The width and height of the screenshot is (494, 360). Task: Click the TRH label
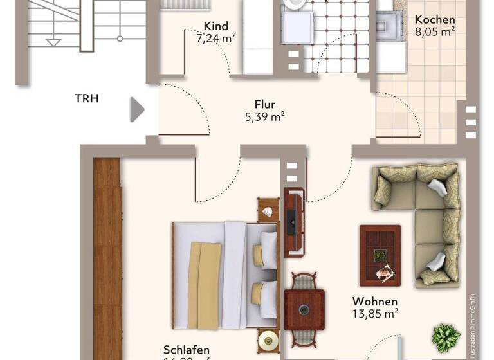pyautogui.click(x=87, y=99)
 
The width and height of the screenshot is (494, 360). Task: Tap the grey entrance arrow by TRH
pyautogui.click(x=137, y=109)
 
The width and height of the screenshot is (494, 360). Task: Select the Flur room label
pyautogui.click(x=264, y=104)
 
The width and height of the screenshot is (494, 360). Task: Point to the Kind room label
pyautogui.click(x=215, y=26)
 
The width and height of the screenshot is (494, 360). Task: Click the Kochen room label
pyautogui.click(x=435, y=20)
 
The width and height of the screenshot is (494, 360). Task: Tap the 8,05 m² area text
pyautogui.click(x=435, y=31)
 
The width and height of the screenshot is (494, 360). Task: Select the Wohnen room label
pyautogui.click(x=374, y=301)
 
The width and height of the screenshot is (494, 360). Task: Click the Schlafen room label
pyautogui.click(x=187, y=350)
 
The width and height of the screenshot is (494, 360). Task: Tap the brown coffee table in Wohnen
pyautogui.click(x=380, y=255)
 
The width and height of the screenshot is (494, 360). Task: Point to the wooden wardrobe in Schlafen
pyautogui.click(x=107, y=257)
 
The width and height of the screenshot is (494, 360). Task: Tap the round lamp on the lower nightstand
pyautogui.click(x=268, y=340)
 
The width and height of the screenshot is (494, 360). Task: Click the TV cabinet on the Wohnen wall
pyautogui.click(x=293, y=221)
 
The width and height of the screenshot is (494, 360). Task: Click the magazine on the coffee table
pyautogui.click(x=384, y=274)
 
